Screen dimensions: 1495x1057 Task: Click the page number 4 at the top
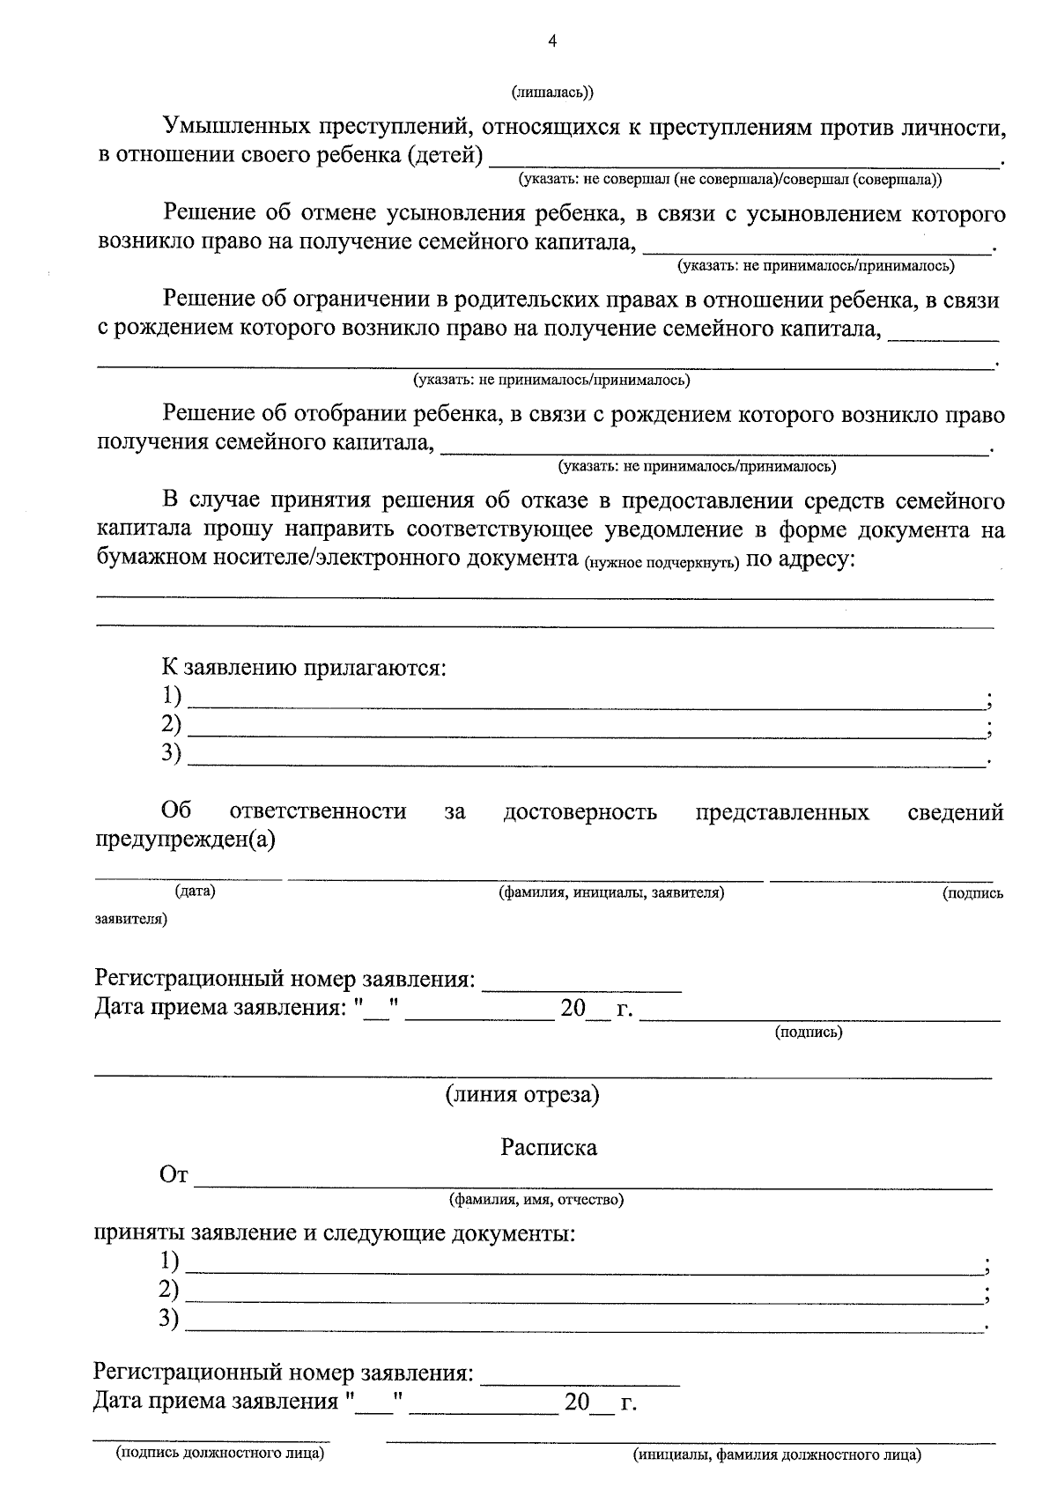click(x=552, y=41)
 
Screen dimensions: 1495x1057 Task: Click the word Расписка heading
click(x=549, y=1148)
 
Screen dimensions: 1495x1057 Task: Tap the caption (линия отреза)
click(x=522, y=1095)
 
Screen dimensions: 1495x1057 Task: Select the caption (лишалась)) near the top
click(x=552, y=92)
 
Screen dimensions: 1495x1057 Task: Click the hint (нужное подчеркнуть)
click(x=662, y=563)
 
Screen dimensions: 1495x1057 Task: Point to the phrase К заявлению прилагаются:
click(x=304, y=668)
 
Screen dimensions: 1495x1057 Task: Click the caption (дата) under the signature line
click(x=195, y=892)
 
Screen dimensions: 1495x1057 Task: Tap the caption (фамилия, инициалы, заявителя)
click(x=611, y=892)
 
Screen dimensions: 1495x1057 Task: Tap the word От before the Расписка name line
click(x=174, y=1175)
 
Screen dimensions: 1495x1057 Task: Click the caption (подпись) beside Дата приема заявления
click(x=808, y=1032)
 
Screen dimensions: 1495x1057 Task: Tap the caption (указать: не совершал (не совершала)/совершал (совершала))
click(x=729, y=180)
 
